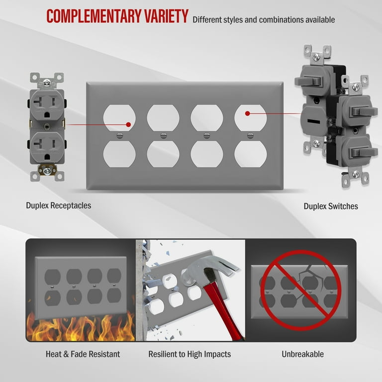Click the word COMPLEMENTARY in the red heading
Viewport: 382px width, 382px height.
(x=94, y=16)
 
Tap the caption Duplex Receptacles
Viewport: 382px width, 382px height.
(x=59, y=205)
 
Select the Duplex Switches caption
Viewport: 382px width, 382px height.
(x=331, y=206)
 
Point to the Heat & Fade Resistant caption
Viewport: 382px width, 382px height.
(x=83, y=354)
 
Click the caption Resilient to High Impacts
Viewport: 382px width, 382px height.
(x=190, y=354)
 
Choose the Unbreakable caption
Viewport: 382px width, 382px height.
(x=302, y=354)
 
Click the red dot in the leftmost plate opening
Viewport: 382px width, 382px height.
(x=128, y=125)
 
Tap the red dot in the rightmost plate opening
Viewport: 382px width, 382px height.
(x=248, y=113)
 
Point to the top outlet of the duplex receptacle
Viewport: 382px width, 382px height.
(x=47, y=105)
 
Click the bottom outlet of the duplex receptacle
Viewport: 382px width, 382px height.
(x=47, y=147)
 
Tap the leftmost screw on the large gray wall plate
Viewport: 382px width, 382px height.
(x=119, y=135)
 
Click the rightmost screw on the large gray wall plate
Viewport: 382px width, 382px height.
(x=250, y=135)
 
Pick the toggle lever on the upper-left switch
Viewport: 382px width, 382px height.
(x=307, y=81)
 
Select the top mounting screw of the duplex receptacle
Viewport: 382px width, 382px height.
(x=47, y=83)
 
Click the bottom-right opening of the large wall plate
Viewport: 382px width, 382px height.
(x=251, y=154)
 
